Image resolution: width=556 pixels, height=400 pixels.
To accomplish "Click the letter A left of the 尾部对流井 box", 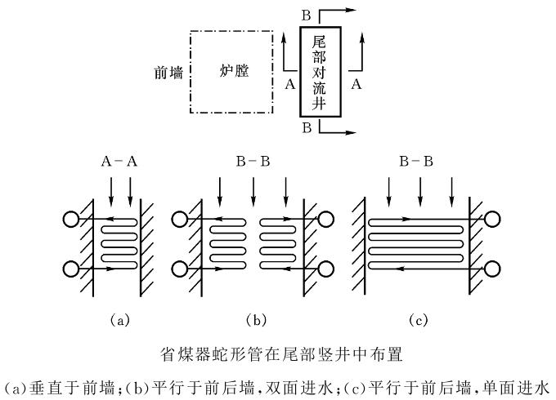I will (289, 83).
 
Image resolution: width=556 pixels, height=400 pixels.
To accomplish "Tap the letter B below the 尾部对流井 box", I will (306, 129).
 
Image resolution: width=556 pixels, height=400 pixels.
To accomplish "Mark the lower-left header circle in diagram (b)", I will (178, 269).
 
